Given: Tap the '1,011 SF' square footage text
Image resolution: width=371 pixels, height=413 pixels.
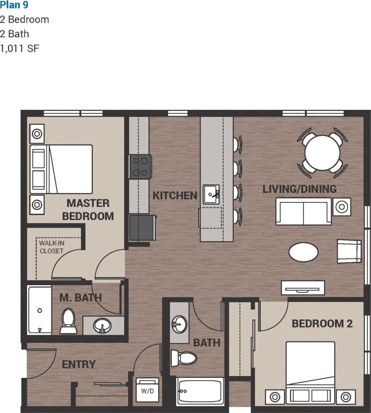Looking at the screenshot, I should pyautogui.click(x=20, y=48).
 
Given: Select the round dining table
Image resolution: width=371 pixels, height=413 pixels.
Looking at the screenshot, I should pyautogui.click(x=322, y=153).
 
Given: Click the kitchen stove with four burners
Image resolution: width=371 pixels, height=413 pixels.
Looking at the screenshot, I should pyautogui.click(x=140, y=166).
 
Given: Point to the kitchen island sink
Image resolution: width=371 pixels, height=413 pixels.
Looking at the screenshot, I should pyautogui.click(x=210, y=194).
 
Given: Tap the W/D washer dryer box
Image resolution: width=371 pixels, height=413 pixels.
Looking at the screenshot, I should pyautogui.click(x=148, y=390).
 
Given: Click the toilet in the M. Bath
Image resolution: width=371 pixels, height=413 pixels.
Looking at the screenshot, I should pyautogui.click(x=68, y=320).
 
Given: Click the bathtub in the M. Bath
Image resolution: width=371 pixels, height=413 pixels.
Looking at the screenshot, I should pyautogui.click(x=40, y=310).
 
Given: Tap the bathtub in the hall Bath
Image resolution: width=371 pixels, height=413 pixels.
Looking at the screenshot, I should pyautogui.click(x=200, y=391).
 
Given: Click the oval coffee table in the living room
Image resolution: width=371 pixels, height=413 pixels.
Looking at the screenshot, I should pyautogui.click(x=304, y=252).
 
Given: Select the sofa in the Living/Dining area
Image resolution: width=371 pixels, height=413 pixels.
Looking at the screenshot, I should pyautogui.click(x=304, y=211).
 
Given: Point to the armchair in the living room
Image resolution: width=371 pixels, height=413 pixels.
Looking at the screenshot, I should pyautogui.click(x=349, y=251).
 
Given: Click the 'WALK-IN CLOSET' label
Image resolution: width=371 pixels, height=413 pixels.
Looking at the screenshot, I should pyautogui.click(x=51, y=247).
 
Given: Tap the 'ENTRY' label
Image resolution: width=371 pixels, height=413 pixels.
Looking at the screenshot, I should pyautogui.click(x=79, y=364).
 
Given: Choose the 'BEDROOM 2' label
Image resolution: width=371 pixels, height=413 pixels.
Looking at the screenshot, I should pyautogui.click(x=322, y=323).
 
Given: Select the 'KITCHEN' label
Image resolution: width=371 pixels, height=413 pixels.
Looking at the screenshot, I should pyautogui.click(x=175, y=196).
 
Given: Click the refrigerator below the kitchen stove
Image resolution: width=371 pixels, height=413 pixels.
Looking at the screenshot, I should pyautogui.click(x=142, y=228).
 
